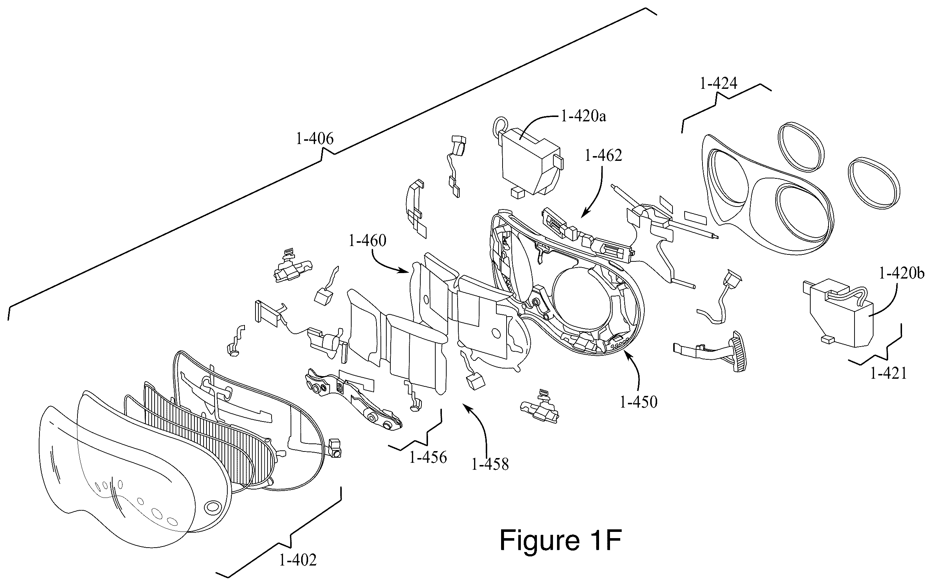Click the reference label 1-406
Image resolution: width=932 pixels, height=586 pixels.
point(315,139)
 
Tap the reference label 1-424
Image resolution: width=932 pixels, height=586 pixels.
point(719,83)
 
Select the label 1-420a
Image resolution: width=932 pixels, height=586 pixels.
point(584,116)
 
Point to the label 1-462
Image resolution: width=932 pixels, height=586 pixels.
point(603,156)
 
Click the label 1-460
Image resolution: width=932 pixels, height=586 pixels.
point(367,241)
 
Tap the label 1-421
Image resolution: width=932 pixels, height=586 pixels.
point(889,374)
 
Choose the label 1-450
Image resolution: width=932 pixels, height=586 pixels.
point(639,402)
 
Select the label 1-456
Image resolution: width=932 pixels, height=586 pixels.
point(428,458)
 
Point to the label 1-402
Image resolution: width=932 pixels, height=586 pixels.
point(298,560)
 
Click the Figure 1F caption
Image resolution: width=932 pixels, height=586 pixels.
point(561,540)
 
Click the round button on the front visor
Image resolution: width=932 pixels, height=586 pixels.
point(213,506)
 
